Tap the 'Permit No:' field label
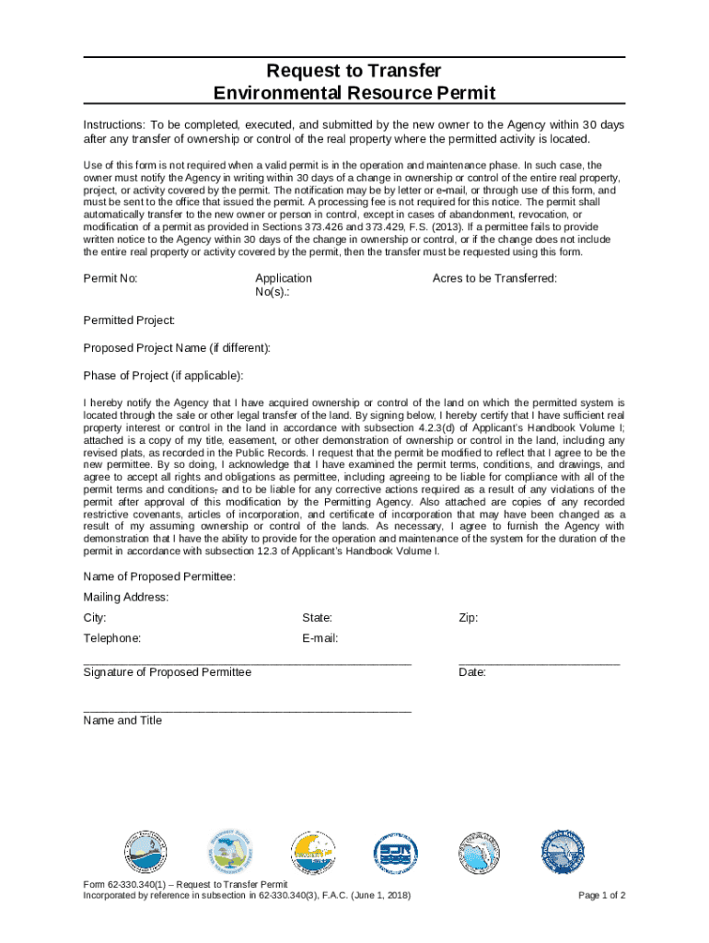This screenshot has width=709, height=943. pos(110,278)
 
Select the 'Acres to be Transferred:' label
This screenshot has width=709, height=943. pos(494,278)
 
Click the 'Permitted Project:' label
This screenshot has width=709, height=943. pos(130,320)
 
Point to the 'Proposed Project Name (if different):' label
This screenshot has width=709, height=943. pos(178,348)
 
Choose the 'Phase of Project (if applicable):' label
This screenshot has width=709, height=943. pos(164,376)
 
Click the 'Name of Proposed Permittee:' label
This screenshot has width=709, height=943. pos(159,576)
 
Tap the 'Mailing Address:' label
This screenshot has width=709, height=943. pos(126,597)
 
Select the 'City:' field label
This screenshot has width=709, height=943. pos(95,618)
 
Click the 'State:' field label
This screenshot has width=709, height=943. pos(317,618)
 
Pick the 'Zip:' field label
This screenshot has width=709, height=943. pos(469,618)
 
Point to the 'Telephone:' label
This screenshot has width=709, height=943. pos(112,638)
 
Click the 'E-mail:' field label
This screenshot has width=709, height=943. pos(320,638)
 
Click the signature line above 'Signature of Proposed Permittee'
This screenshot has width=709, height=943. pos(247,662)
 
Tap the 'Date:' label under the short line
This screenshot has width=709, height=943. pos(472,672)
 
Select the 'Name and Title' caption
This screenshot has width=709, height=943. pos(122,720)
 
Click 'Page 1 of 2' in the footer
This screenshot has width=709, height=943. pos(602,895)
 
